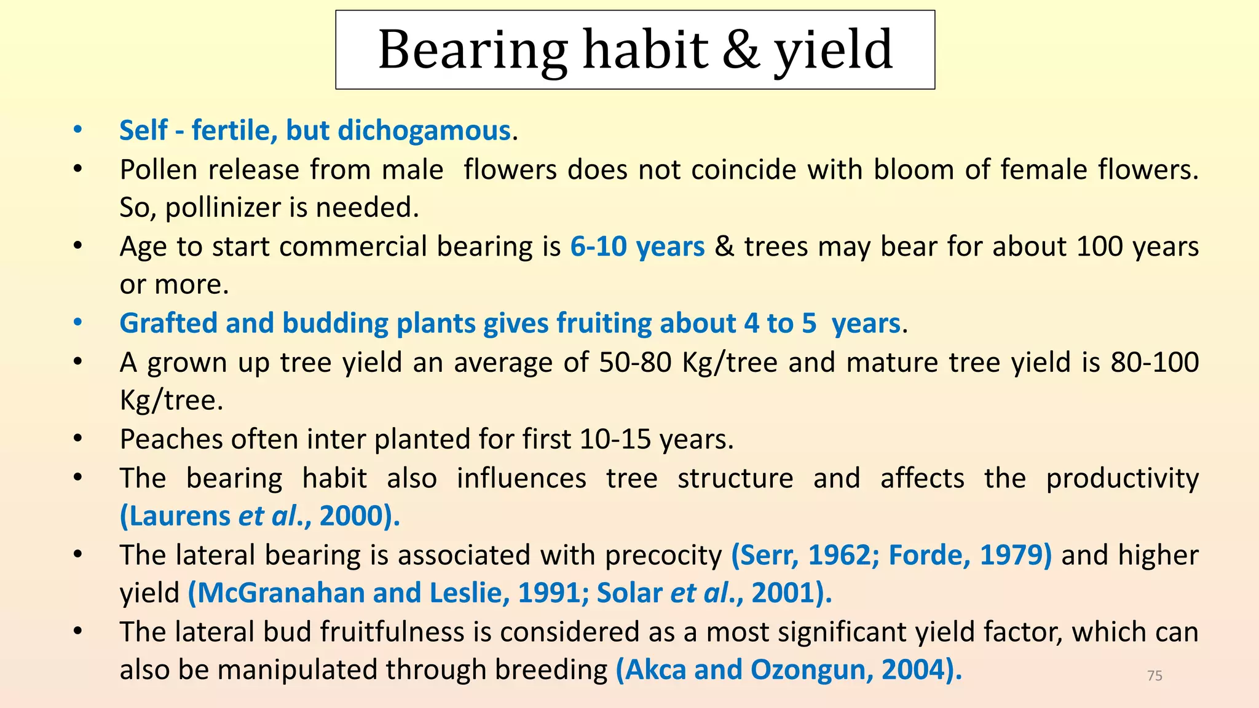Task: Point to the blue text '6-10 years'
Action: point(637,246)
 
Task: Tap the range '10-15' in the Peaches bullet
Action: point(615,439)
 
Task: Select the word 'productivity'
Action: point(1123,479)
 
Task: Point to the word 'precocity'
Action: point(663,556)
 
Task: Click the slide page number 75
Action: point(1155,676)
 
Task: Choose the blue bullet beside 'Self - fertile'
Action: point(77,130)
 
